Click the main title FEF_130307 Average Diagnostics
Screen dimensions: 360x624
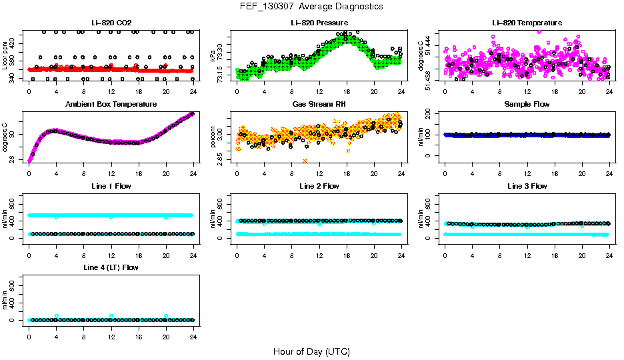click(312, 6)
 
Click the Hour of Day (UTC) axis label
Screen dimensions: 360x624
click(311, 351)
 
